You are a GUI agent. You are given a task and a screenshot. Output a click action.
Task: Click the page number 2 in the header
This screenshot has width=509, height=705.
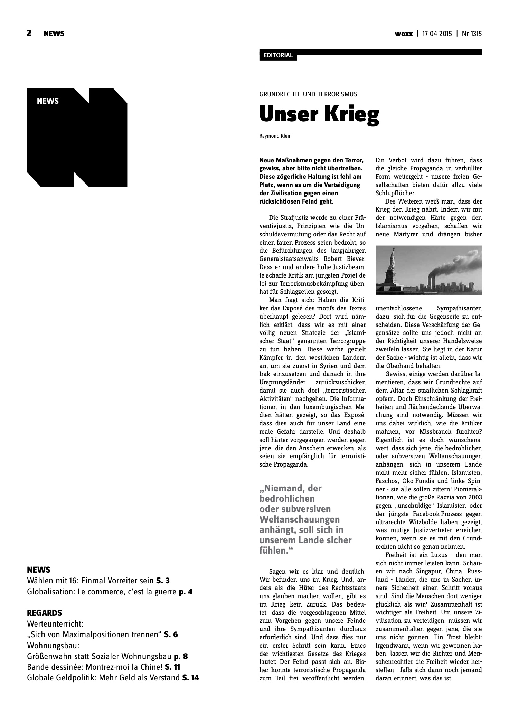tap(29, 33)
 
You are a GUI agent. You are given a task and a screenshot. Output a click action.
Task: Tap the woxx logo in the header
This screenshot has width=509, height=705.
tap(404, 34)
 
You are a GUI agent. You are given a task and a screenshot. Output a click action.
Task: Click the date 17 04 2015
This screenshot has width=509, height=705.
tap(437, 34)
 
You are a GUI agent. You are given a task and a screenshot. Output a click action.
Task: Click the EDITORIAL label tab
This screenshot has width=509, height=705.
tap(278, 55)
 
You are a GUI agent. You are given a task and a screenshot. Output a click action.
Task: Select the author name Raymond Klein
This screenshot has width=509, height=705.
tap(275, 136)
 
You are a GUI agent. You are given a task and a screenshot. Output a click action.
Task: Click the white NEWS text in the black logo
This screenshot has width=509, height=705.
tap(48, 101)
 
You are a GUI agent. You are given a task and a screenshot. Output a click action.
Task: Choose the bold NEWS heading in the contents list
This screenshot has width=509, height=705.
tap(39, 570)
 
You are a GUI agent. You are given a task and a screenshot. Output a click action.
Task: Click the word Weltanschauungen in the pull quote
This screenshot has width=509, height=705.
tap(299, 519)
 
